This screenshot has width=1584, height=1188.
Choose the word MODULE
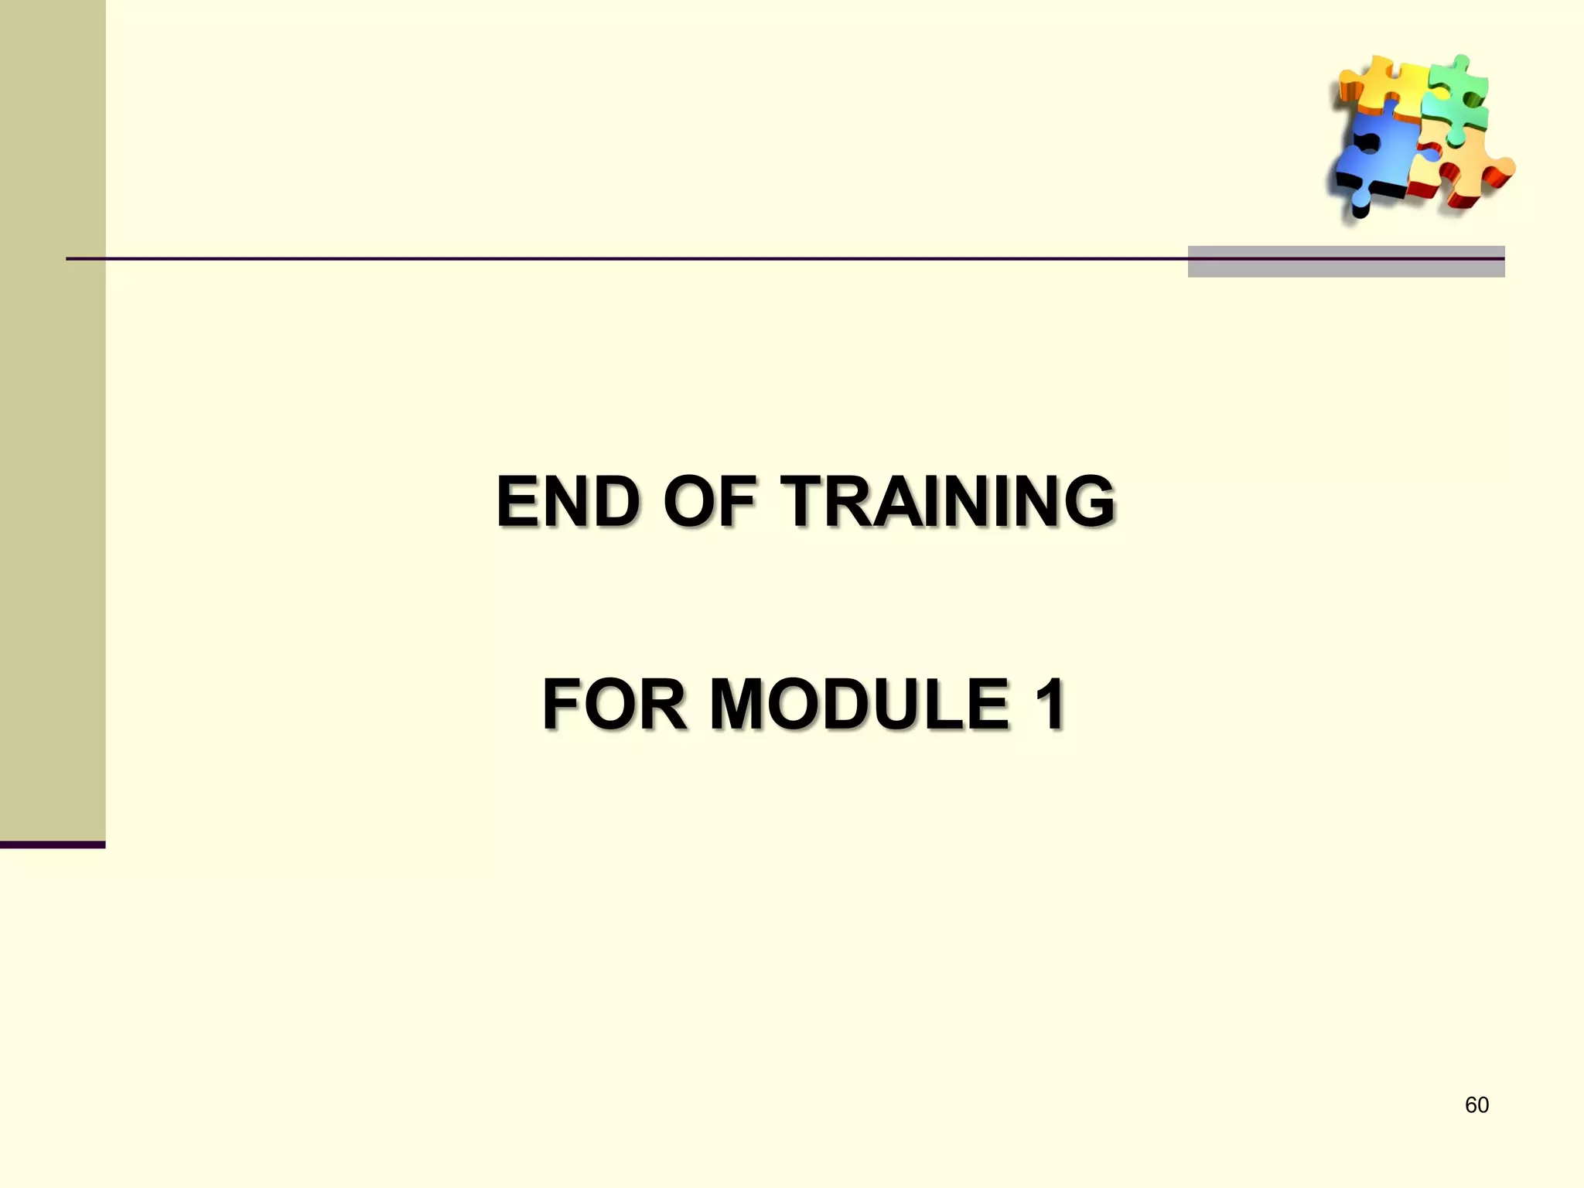[859, 704]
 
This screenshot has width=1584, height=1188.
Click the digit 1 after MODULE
[1049, 704]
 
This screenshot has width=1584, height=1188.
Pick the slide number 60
[1476, 1105]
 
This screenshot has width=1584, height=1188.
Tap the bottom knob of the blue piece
[1360, 207]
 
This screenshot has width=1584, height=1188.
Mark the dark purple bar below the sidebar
[53, 845]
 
